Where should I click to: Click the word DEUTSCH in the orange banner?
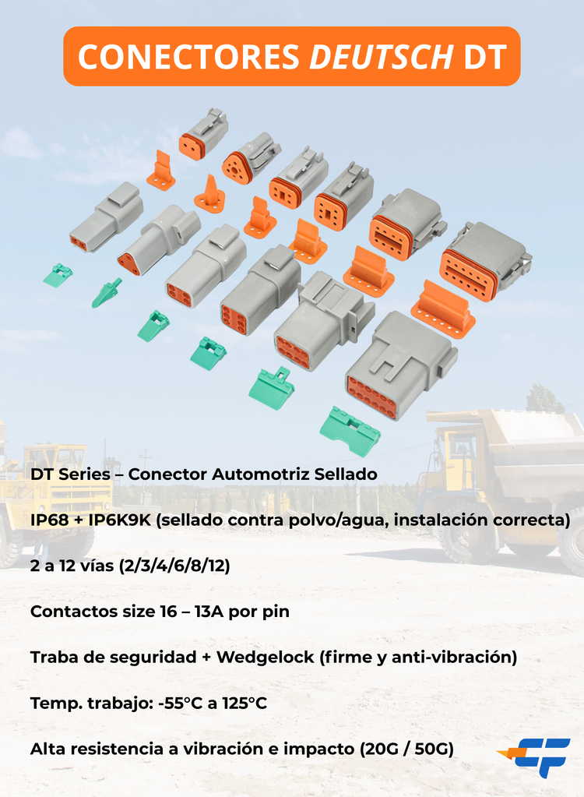pos(382,56)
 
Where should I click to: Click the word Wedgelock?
pos(265,658)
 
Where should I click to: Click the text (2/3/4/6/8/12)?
pos(175,566)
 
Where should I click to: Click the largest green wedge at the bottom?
pos(350,430)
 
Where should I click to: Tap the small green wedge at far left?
pos(58,274)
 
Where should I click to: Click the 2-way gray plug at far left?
pos(107,218)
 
